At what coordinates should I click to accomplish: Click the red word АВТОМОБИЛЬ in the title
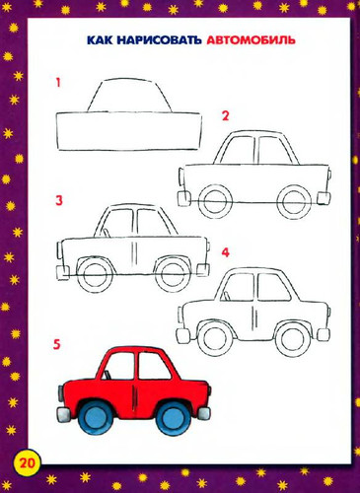tap(252, 39)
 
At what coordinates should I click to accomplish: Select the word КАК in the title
tap(101, 39)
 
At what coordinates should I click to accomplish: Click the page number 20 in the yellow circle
tap(28, 463)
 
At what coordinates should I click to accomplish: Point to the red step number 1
tap(58, 83)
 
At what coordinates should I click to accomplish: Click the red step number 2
tap(225, 116)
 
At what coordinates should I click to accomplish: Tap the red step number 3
tap(59, 200)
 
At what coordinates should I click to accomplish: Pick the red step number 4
tap(225, 252)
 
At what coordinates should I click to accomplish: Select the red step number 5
tap(57, 345)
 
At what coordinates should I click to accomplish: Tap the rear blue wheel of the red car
tap(173, 417)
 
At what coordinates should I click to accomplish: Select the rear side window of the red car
tap(153, 365)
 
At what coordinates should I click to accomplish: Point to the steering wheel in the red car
tap(107, 375)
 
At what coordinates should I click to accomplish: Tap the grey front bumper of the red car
tap(62, 413)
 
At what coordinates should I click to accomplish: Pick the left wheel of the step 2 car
tap(215, 201)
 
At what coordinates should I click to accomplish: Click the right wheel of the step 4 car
tap(292, 338)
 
